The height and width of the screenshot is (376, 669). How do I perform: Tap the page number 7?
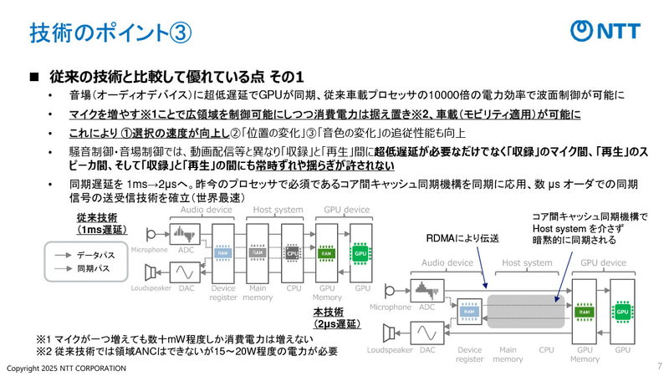click(659, 366)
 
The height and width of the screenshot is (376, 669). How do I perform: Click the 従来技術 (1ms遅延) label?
click(99, 223)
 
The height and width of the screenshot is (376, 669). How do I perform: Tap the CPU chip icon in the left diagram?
click(294, 252)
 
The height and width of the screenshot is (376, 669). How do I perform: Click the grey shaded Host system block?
click(523, 312)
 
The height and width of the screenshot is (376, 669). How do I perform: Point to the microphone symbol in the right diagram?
click(391, 293)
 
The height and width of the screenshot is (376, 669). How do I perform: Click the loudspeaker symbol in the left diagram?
click(151, 272)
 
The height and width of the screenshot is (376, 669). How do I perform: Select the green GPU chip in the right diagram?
click(622, 312)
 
